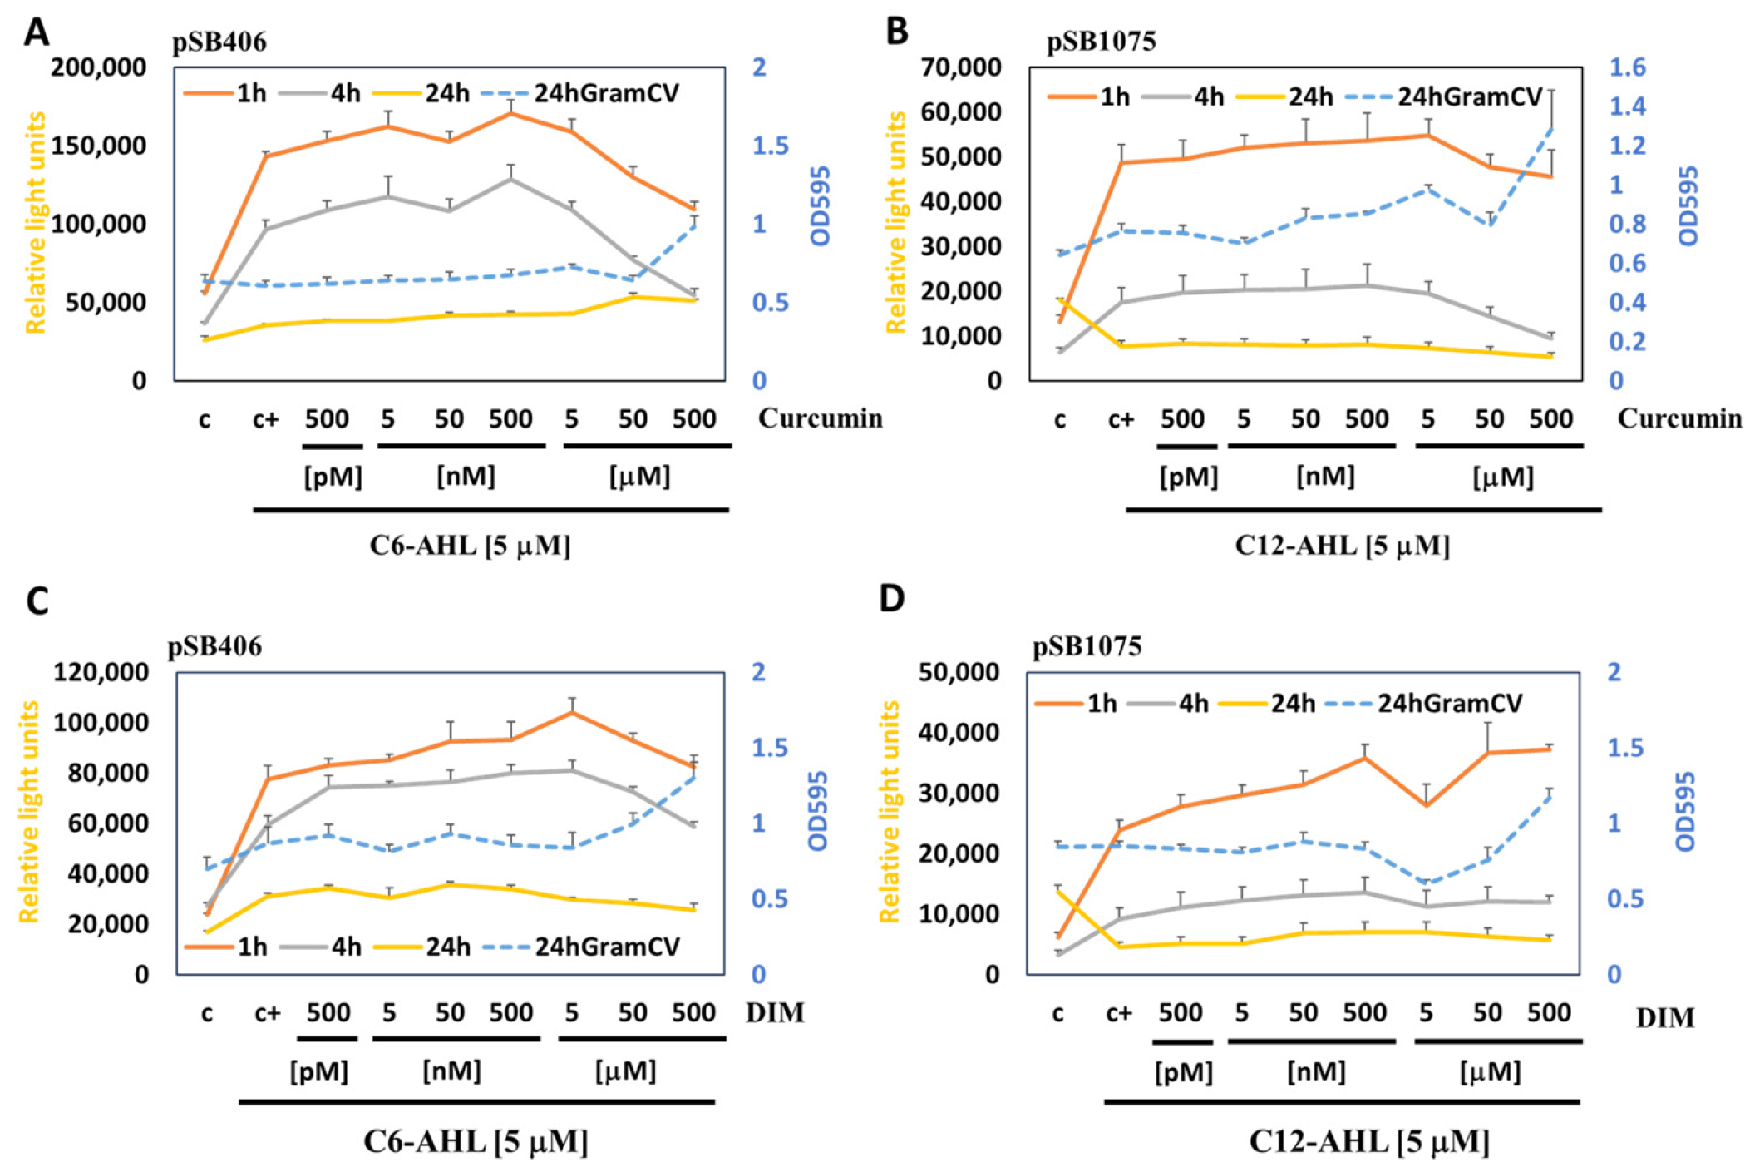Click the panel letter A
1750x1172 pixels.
pos(36,33)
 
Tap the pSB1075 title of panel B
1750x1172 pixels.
pos(1101,41)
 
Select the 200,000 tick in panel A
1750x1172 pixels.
pos(98,67)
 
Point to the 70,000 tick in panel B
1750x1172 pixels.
pos(960,67)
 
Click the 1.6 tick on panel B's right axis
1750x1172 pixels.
pos(1627,67)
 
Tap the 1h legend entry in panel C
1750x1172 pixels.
pos(226,947)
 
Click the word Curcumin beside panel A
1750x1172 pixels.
pos(820,418)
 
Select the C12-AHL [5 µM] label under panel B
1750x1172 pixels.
pos(1342,546)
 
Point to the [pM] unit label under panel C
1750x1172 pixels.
pos(319,1071)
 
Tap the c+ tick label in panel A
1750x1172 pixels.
pos(266,419)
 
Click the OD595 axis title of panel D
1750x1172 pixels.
pos(1685,811)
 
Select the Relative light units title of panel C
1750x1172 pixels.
pos(29,812)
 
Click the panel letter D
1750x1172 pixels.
pos(891,598)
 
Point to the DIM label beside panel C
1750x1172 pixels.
pos(775,1012)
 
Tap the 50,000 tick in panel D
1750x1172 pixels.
pos(959,672)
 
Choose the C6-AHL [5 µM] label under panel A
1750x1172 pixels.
pos(470,546)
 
